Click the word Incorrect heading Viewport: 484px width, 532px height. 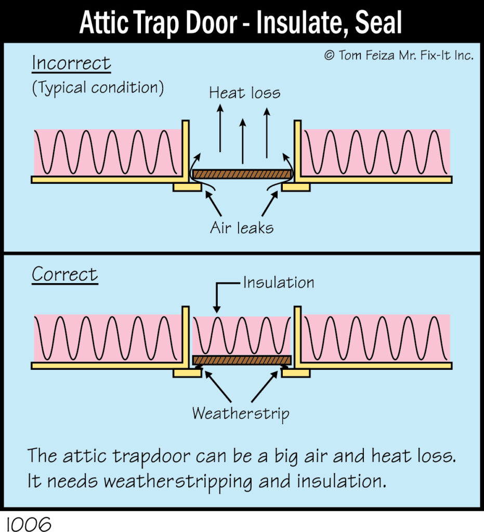click(x=71, y=63)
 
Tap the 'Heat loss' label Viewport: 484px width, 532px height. click(x=244, y=93)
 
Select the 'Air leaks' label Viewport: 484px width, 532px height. click(x=242, y=228)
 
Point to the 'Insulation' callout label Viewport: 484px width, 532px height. click(x=279, y=283)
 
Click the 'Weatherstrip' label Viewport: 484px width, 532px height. click(x=241, y=414)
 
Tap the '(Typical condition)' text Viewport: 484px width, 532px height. click(x=98, y=88)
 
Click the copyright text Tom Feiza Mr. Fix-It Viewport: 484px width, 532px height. click(x=399, y=56)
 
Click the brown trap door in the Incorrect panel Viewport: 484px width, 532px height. click(x=242, y=174)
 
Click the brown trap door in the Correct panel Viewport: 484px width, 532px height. click(x=242, y=360)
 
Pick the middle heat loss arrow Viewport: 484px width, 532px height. click(x=242, y=140)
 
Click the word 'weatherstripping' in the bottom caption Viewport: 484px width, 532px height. click(x=180, y=481)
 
